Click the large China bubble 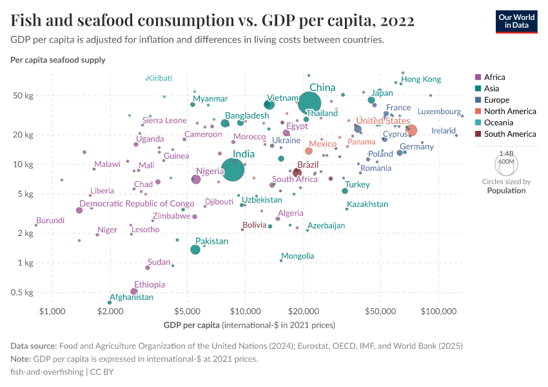pyautogui.click(x=310, y=102)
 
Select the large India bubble pyautogui.click(x=233, y=169)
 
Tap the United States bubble pyautogui.click(x=410, y=131)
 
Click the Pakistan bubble pyautogui.click(x=195, y=250)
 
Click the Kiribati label pyautogui.click(x=159, y=78)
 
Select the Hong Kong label pyautogui.click(x=421, y=79)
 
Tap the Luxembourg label pyautogui.click(x=439, y=112)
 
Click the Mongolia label pyautogui.click(x=297, y=256)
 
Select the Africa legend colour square pyautogui.click(x=478, y=77)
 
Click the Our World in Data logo pyautogui.click(x=516, y=21)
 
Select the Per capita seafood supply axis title pyautogui.click(x=58, y=60)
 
